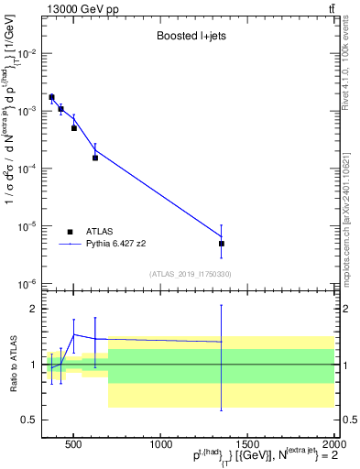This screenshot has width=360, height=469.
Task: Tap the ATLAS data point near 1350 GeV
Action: [x=222, y=244]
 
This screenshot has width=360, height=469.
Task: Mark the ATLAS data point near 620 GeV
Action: [x=95, y=158]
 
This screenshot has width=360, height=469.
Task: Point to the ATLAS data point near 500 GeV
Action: [x=74, y=128]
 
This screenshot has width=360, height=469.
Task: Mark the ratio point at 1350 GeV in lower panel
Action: [x=222, y=342]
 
